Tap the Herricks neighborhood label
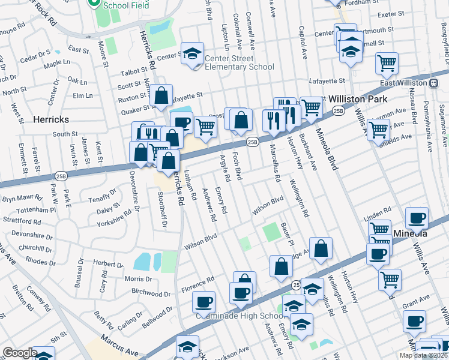coord(53,119)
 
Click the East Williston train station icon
coord(433,82)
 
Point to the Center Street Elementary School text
coord(240,62)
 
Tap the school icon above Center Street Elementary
coord(192,53)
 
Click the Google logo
coord(20,352)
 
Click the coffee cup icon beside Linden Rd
coord(416,218)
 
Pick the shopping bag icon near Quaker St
coord(161,95)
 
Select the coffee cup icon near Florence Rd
coord(204,301)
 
